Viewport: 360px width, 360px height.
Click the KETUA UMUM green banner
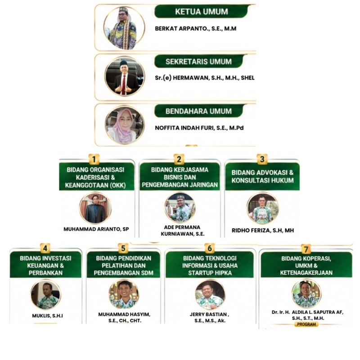pos(201,12)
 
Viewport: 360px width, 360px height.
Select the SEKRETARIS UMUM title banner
pos(198,62)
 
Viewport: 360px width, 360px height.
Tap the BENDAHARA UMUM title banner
pos(198,111)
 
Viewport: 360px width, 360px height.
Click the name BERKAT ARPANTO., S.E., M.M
pos(196,29)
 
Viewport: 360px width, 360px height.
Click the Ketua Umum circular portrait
pos(124,28)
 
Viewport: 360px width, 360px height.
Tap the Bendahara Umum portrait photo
pos(125,125)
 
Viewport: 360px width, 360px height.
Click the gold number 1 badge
pos(94,159)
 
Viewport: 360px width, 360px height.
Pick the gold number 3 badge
pos(262,159)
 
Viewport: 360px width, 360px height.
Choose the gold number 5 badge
pos(123,248)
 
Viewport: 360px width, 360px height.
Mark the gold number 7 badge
pos(306,249)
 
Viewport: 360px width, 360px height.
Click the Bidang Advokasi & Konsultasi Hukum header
pos(262,176)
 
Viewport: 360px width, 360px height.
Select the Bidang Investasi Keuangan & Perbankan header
pos(45,265)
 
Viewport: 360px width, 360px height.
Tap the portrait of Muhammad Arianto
pos(95,208)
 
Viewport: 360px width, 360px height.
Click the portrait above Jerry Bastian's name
pos(210,295)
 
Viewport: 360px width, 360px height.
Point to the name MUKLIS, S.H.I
pos(48,316)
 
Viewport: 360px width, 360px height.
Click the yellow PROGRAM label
pos(306,324)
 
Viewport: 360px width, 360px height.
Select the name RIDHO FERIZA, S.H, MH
pos(263,230)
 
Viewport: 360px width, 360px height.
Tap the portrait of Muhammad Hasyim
pos(124,294)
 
